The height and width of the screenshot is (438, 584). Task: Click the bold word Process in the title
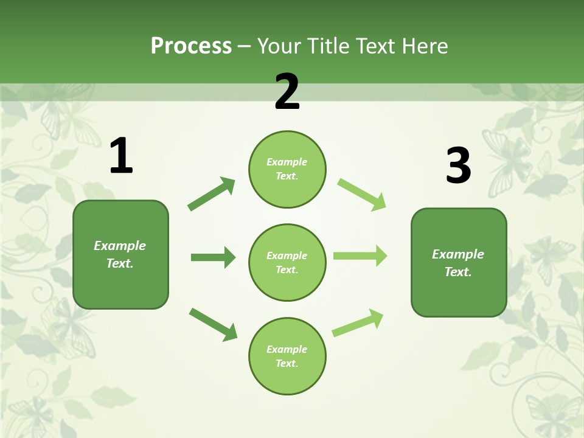point(191,46)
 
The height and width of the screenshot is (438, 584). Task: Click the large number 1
point(121,156)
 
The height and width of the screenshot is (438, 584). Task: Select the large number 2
point(287,92)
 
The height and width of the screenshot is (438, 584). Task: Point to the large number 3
point(458,165)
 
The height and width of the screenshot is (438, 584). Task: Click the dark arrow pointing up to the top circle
point(211,194)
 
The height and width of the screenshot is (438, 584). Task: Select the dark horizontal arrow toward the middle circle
point(213,257)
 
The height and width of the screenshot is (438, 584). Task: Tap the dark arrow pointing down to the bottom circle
point(213,324)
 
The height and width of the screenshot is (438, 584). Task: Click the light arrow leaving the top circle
point(361,194)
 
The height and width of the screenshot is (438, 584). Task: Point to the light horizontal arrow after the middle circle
point(360,255)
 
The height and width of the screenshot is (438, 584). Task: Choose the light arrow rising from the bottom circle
point(358,322)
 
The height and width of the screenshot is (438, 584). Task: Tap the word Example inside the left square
point(120,246)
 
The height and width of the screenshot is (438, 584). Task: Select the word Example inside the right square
point(458,254)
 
